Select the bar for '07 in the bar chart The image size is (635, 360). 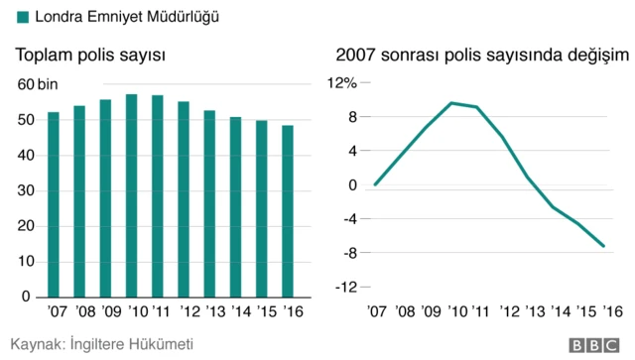(54, 204)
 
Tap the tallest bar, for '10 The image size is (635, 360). (132, 195)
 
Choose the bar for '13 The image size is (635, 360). (210, 203)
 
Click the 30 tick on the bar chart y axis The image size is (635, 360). (26, 190)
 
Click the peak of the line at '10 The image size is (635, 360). (452, 103)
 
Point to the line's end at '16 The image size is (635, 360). (604, 246)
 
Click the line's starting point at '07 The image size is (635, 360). (375, 184)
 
